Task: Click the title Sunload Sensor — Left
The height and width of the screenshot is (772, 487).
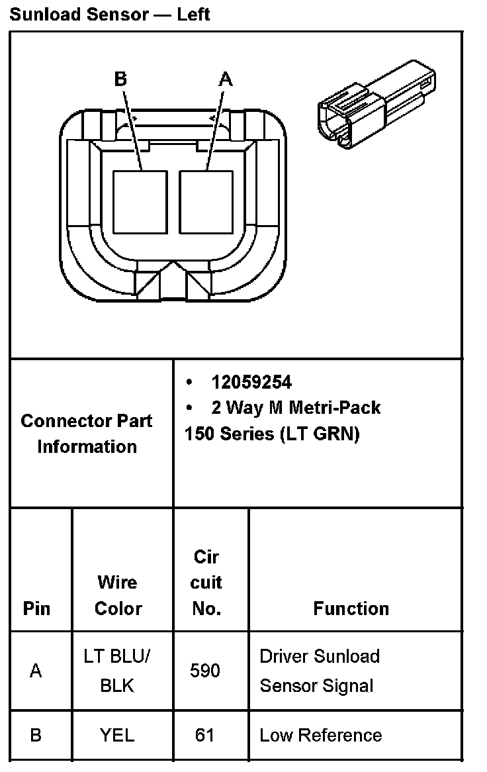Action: [x=110, y=14]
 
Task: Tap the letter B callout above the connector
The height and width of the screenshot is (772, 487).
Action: [x=120, y=79]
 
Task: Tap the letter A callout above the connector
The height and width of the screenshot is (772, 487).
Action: [x=226, y=79]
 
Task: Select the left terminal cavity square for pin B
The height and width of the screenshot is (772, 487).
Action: [x=140, y=201]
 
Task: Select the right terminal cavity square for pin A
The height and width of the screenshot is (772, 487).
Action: [x=206, y=201]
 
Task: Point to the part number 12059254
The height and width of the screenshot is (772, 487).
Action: [x=251, y=382]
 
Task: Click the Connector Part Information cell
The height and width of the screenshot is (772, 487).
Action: [x=87, y=433]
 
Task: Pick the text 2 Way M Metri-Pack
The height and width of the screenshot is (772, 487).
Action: [x=296, y=407]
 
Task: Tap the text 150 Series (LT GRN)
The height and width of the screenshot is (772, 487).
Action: [x=271, y=434]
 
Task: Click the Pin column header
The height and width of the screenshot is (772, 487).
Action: [x=36, y=608]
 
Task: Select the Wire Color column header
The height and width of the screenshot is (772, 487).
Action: [x=118, y=595]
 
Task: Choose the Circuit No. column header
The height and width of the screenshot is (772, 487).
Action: [x=206, y=583]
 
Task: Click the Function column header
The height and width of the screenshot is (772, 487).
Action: [x=351, y=608]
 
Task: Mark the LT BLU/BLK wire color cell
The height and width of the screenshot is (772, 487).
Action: [x=118, y=671]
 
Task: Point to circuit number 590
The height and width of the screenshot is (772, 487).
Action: [x=205, y=671]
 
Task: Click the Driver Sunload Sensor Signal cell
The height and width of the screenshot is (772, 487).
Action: [x=320, y=671]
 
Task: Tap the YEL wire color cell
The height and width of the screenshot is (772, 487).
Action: [x=117, y=734]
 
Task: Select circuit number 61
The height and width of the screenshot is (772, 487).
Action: [x=204, y=734]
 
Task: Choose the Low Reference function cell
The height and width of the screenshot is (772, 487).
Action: [x=320, y=734]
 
